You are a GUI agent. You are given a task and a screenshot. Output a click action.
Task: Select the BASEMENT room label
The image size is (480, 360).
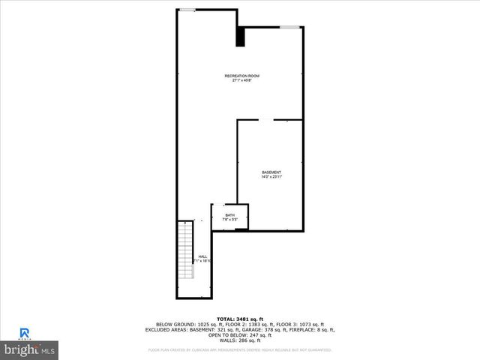pos(271,172)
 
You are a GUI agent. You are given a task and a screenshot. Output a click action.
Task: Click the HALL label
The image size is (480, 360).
pos(202,256)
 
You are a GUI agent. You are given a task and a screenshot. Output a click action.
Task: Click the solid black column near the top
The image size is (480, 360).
pos(241,37)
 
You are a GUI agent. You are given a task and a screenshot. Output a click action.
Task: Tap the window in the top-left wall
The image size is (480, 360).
pos(187,10)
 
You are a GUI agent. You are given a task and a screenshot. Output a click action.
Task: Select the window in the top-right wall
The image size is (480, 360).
pos(290,28)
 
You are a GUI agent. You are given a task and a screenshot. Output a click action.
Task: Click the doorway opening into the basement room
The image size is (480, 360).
pos(266,119)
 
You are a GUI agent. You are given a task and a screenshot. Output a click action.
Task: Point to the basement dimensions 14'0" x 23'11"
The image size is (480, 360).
pos(271,177)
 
